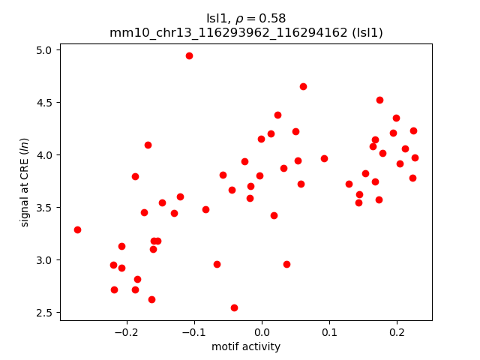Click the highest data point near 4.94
tap(189, 55)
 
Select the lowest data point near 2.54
tap(234, 307)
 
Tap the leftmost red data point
tap(77, 229)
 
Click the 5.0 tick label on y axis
tap(44, 50)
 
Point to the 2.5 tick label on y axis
tap(44, 313)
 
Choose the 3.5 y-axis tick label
tap(44, 208)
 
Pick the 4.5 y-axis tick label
tap(44, 103)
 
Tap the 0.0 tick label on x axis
tap(262, 332)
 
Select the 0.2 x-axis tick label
tap(397, 332)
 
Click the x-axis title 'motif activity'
tap(246, 346)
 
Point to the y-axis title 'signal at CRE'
tap(25, 182)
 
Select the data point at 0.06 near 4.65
tap(303, 86)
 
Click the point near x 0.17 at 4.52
tap(379, 100)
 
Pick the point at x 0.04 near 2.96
tap(286, 264)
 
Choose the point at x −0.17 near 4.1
tap(148, 145)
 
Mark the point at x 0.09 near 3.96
tap(324, 158)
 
